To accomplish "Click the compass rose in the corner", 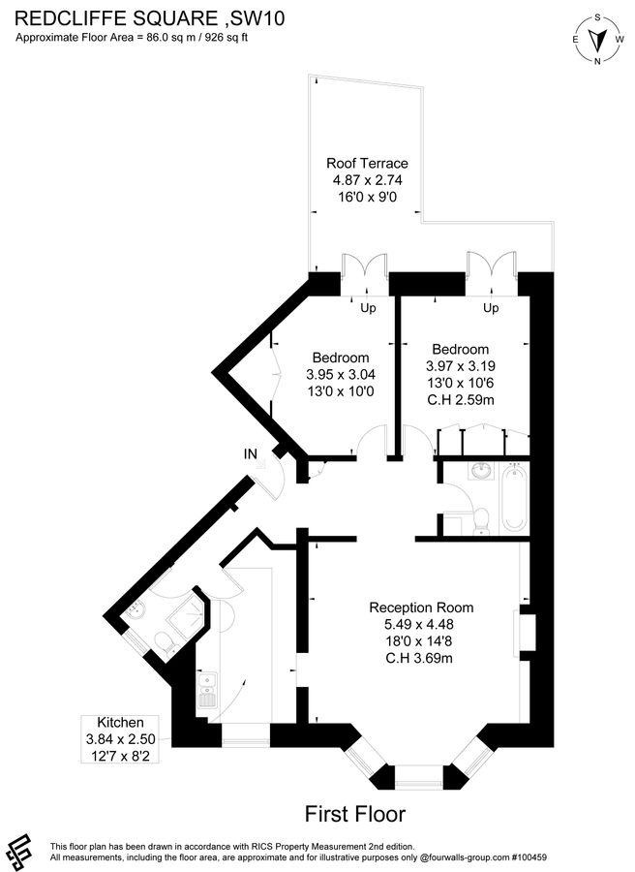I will click(599, 38).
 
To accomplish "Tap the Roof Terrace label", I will click(367, 163).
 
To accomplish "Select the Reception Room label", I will click(421, 607).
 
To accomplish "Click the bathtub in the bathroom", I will click(514, 497).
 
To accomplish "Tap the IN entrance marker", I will click(251, 452).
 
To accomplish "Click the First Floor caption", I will click(354, 813).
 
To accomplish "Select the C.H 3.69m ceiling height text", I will click(422, 659).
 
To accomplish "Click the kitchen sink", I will click(206, 691).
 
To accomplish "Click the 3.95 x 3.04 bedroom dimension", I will click(341, 375).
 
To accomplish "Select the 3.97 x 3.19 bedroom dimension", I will click(461, 366).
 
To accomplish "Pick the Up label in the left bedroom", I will click(368, 309).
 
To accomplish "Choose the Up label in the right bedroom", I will click(491, 309).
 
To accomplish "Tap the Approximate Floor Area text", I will click(139, 38).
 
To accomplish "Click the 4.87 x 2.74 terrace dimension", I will click(367, 179).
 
